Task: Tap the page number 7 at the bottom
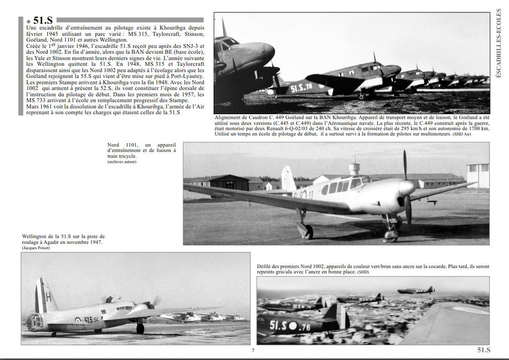tap(253, 351)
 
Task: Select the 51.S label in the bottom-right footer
tap(486, 350)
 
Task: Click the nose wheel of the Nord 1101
tap(393, 235)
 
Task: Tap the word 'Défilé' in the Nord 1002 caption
tap(265, 266)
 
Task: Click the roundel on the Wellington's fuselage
tap(79, 318)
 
